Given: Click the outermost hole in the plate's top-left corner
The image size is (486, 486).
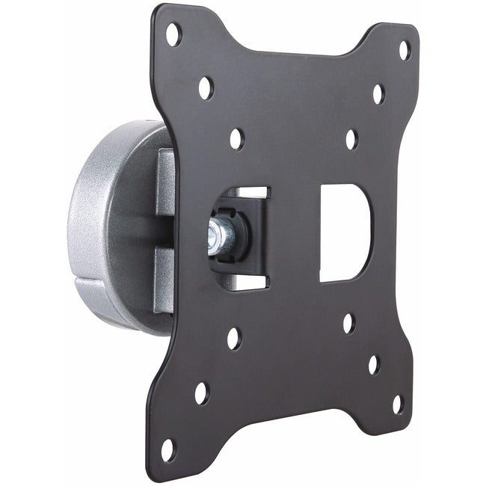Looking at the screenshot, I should pyautogui.click(x=173, y=34).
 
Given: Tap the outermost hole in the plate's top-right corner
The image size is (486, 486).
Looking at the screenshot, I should pyautogui.click(x=404, y=51).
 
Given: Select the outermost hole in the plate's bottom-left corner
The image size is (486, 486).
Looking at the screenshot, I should pyautogui.click(x=167, y=450).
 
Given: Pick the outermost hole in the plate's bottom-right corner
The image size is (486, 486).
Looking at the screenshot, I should pyautogui.click(x=398, y=404).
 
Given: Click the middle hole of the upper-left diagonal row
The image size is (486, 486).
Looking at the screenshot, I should pyautogui.click(x=205, y=88).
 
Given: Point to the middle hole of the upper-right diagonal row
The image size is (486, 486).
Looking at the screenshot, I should pyautogui.click(x=378, y=94).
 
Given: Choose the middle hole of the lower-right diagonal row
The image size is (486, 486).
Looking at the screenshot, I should pyautogui.click(x=373, y=364).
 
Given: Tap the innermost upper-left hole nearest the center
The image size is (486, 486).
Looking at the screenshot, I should pyautogui.click(x=236, y=138).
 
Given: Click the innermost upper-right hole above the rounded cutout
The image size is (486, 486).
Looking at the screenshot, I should pyautogui.click(x=351, y=139).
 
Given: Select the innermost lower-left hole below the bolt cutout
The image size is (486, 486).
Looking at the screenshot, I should pyautogui.click(x=234, y=338).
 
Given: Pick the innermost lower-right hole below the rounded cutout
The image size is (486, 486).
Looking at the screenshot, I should pyautogui.click(x=348, y=324).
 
